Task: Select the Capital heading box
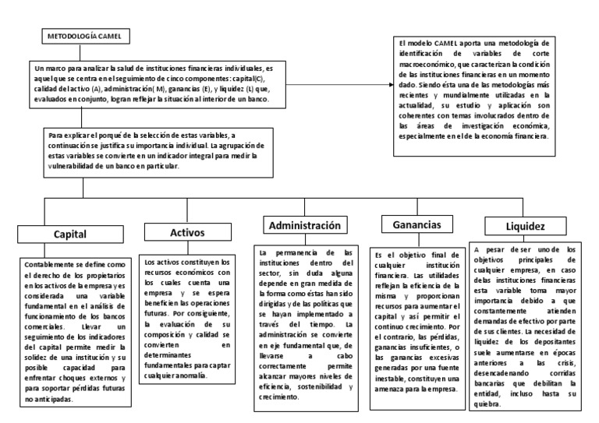pyautogui.click(x=69, y=233)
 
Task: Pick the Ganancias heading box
pyautogui.click(x=418, y=225)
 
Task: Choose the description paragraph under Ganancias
pyautogui.click(x=418, y=321)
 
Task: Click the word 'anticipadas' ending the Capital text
pyautogui.click(x=49, y=400)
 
